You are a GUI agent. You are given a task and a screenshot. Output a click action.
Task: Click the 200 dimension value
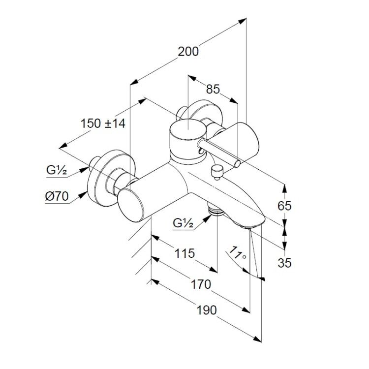[188, 52]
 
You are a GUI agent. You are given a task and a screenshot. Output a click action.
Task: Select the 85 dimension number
[213, 89]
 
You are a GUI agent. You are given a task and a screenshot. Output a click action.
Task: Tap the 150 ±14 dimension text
[103, 123]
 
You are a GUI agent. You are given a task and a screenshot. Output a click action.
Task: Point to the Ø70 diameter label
[57, 196]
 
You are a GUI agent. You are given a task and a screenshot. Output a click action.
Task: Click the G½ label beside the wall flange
[57, 170]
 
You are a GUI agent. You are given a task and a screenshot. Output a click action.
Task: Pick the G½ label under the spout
[183, 223]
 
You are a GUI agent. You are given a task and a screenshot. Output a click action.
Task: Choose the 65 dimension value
[284, 206]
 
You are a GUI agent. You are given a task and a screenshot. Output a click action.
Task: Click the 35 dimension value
[284, 263]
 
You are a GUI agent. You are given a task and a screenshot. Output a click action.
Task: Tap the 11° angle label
[237, 253]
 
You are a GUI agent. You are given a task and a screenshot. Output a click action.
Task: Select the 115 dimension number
[184, 253]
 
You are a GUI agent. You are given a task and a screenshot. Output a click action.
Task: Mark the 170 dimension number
[201, 284]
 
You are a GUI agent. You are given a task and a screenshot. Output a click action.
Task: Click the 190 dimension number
[206, 310]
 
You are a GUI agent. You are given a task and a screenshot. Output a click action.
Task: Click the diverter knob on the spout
[217, 172]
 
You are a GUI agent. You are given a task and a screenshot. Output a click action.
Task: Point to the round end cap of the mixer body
[131, 205]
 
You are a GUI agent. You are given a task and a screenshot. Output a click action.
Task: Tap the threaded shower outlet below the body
[216, 210]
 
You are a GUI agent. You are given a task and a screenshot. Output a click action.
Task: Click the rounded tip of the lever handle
[237, 163]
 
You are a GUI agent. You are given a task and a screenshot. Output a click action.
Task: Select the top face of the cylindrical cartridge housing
[188, 129]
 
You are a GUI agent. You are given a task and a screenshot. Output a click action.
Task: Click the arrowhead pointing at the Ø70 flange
[83, 195]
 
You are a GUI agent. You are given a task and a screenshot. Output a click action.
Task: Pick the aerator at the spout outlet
[247, 227]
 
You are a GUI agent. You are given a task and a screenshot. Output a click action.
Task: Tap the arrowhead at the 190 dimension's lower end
[257, 339]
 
